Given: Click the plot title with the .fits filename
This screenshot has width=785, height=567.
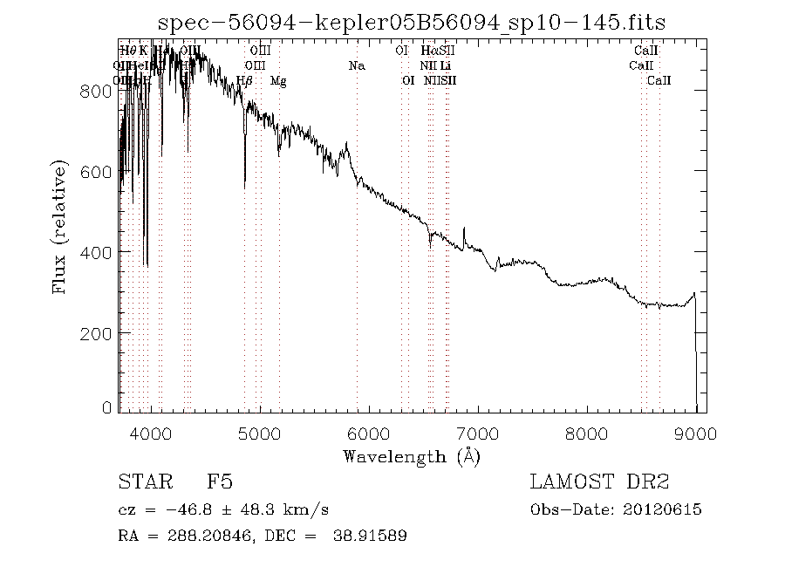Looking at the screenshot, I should click(x=412, y=23).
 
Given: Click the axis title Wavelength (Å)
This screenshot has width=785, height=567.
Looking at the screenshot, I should click(x=412, y=456).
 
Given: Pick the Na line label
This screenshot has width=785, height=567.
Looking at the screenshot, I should click(x=357, y=65).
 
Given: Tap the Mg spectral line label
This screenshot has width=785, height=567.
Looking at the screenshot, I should click(x=278, y=81).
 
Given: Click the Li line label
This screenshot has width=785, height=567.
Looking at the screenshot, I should click(x=445, y=65).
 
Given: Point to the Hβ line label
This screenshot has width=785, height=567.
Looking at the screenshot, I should click(x=245, y=81).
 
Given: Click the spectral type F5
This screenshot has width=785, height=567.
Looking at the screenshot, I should click(x=220, y=482).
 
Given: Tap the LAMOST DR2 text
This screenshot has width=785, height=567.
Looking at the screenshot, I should click(x=598, y=482).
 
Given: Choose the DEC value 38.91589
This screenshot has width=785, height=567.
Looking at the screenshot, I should click(x=369, y=536).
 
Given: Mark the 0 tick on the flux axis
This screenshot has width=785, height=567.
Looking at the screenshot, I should click(x=106, y=407).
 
